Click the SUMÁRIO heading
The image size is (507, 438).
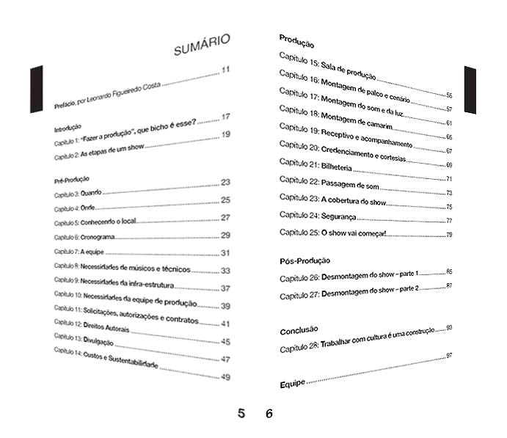click(x=202, y=46)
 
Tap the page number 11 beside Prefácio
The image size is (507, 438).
click(x=225, y=71)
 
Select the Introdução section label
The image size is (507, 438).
click(x=68, y=127)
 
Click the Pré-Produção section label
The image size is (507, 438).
click(x=71, y=180)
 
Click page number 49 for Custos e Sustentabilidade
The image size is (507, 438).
click(x=225, y=378)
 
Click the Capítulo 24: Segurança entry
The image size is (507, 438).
click(x=318, y=215)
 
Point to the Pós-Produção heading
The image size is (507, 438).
click(x=304, y=260)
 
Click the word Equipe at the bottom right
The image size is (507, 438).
click(x=292, y=384)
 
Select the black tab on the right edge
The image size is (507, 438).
click(x=470, y=90)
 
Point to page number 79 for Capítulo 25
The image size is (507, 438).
click(x=449, y=234)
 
